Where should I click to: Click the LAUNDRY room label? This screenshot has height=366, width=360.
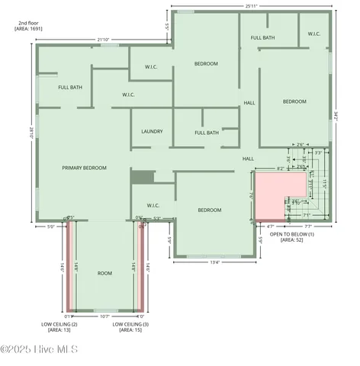(x=152, y=131)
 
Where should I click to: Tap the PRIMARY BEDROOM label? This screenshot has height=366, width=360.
(x=84, y=168)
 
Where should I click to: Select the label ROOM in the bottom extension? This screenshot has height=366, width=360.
(x=104, y=272)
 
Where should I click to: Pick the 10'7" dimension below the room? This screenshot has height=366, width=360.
(x=104, y=316)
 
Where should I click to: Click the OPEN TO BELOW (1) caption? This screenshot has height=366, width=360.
(x=286, y=233)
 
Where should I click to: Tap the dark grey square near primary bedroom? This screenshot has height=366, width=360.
(x=142, y=177)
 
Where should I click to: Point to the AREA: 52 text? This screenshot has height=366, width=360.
(x=286, y=239)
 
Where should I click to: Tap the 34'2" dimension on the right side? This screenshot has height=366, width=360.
(x=336, y=116)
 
